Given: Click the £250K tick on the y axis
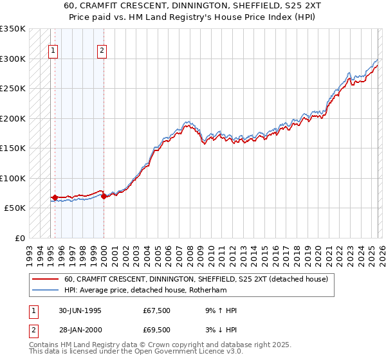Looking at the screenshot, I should tap(12, 89).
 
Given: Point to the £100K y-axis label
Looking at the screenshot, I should tap(12, 178).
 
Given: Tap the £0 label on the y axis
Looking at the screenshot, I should tap(19, 238).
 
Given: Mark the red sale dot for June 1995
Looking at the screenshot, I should tap(55, 198).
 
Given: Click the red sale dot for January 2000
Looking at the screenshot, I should tap(104, 197).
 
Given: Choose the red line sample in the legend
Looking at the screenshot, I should tap(45, 279).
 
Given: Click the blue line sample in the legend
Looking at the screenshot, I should tap(45, 290).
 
